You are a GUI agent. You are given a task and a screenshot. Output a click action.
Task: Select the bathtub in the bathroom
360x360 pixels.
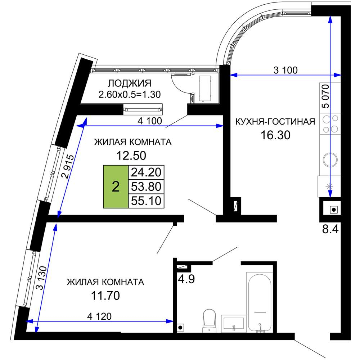click(x=260, y=303)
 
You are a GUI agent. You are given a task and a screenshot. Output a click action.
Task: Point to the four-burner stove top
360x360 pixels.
click(x=330, y=124)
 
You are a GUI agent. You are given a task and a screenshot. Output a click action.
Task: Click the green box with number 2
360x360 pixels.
click(x=116, y=186)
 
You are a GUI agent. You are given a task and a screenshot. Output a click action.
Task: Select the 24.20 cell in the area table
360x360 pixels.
click(x=146, y=172)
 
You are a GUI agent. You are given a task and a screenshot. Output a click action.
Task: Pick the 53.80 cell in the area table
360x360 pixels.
click(x=146, y=186)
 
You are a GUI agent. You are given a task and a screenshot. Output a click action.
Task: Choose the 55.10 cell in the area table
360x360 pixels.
click(x=146, y=201)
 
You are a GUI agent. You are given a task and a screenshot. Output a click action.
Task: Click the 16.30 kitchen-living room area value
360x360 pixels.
click(x=275, y=135)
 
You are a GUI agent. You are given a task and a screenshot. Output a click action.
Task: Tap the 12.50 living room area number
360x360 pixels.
click(x=131, y=156)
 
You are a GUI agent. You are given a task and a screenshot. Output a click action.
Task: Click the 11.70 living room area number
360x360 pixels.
click(x=105, y=296)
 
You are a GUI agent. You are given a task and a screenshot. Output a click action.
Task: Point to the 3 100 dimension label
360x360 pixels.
click(x=285, y=70)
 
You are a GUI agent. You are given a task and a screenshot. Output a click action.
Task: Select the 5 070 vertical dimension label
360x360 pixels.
click(x=325, y=96)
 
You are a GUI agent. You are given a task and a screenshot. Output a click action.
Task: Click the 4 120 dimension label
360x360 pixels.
click(x=99, y=316)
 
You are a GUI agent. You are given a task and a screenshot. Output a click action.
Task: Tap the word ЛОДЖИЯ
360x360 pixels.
click(x=130, y=84)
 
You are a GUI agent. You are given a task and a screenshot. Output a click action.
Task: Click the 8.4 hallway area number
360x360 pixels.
click(x=330, y=229)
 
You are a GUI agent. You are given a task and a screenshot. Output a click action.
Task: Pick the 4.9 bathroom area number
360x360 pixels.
click(x=186, y=279)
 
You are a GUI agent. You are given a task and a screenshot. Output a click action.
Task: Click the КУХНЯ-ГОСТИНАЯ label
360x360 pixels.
click(x=275, y=121)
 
